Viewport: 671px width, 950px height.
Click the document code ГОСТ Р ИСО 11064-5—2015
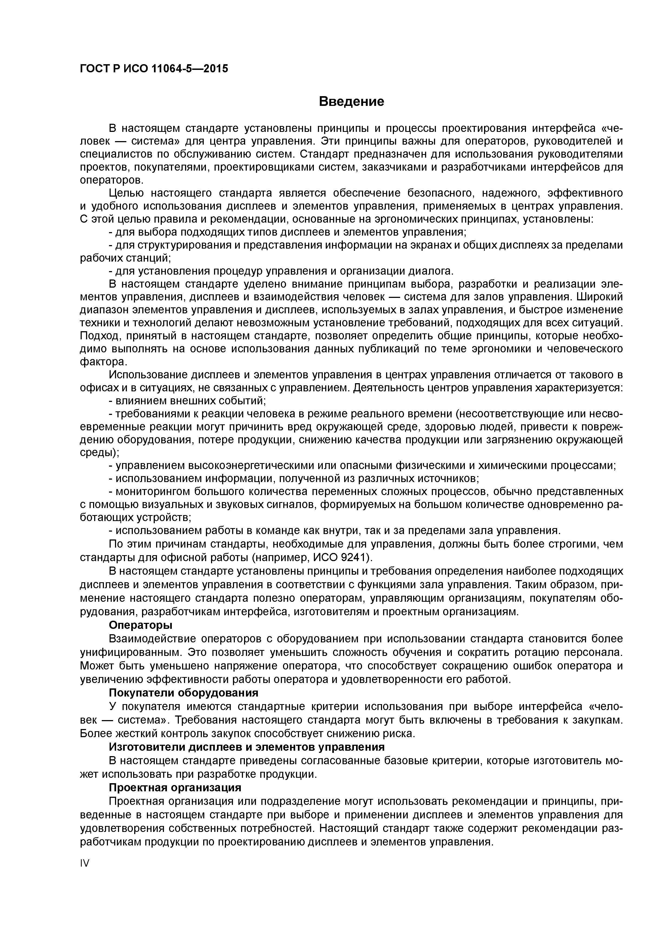tap(153, 68)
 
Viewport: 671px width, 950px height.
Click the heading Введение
tap(351, 101)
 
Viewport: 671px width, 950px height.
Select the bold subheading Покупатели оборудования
tap(183, 693)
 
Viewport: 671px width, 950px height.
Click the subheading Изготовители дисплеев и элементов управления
tap(246, 747)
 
